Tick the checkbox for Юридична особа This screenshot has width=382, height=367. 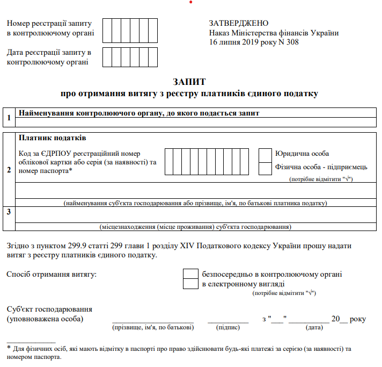(x=265, y=155)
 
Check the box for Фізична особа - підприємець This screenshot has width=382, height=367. (x=265, y=168)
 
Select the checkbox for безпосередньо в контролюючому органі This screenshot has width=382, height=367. (x=190, y=274)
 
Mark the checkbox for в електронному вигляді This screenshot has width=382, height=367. (x=190, y=284)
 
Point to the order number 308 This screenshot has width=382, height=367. (x=292, y=42)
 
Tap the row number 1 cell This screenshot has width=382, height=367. (x=9, y=118)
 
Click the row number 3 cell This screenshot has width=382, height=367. (x=9, y=212)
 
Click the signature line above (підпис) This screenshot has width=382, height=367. (x=227, y=320)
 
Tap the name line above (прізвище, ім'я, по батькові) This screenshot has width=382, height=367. (x=152, y=320)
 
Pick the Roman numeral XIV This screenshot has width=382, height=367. (x=222, y=246)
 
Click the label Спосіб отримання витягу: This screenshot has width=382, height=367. (x=52, y=275)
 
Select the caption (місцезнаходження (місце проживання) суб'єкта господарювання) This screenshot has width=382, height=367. (x=195, y=227)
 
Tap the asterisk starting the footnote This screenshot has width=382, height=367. (x=9, y=348)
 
